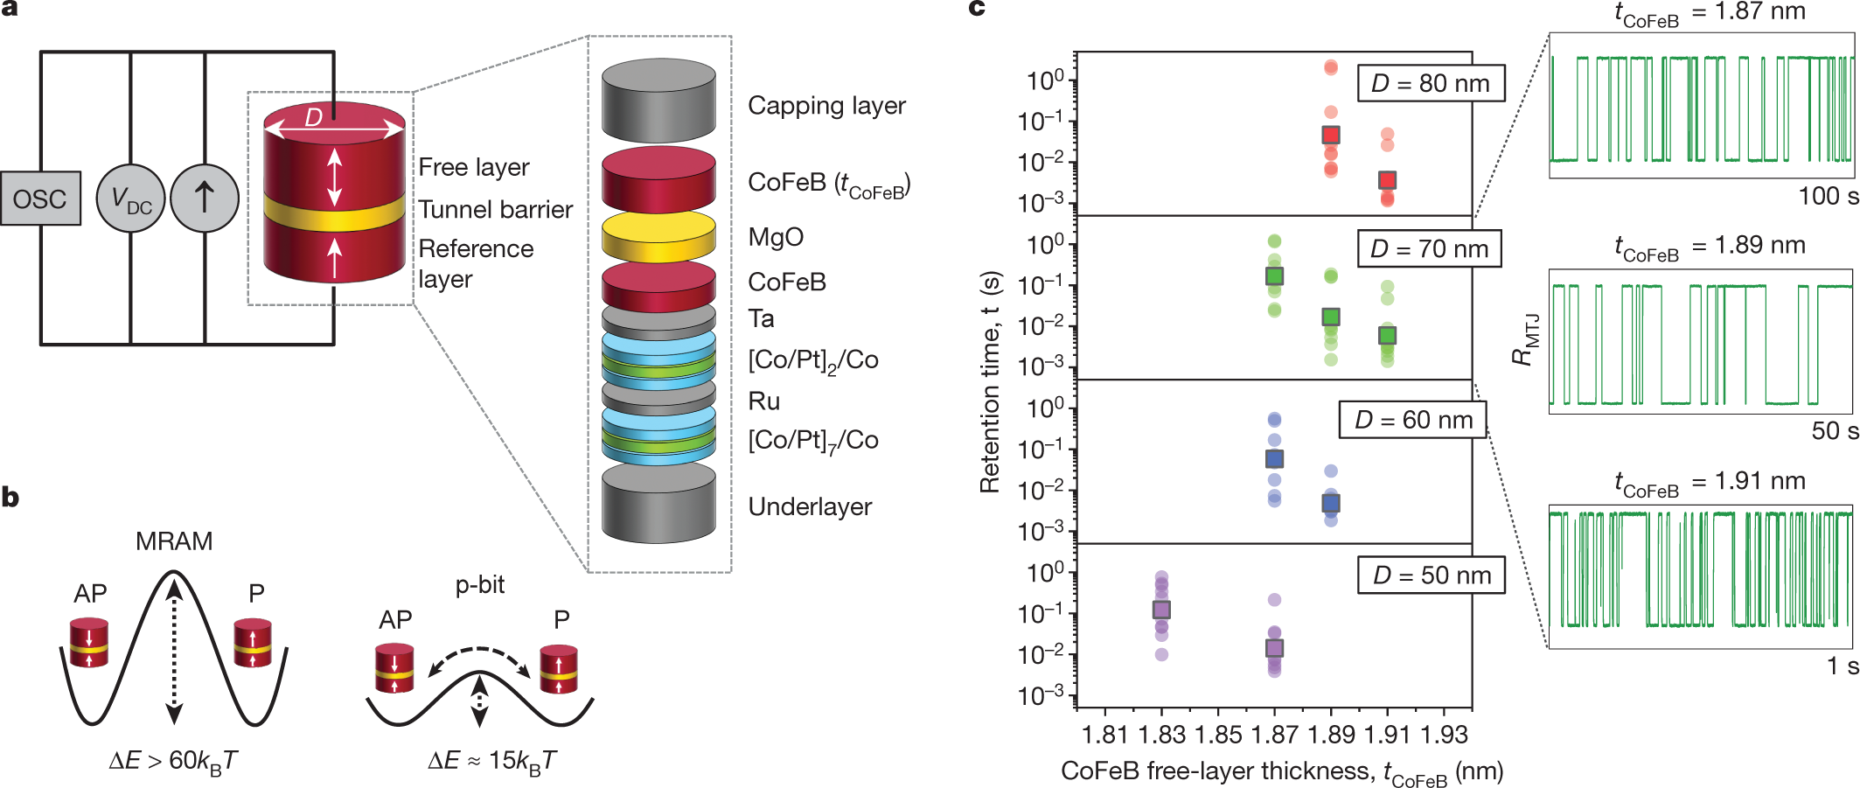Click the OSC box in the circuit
tap(40, 199)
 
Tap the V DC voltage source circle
tap(130, 199)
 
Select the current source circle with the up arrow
tap(205, 199)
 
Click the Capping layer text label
tap(826, 106)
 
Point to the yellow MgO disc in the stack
tap(658, 237)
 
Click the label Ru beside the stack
tap(763, 401)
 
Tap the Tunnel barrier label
tap(495, 210)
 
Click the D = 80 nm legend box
tap(1430, 84)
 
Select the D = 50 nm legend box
tap(1432, 575)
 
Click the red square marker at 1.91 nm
tap(1387, 180)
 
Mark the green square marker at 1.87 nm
tap(1274, 276)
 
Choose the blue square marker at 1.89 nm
tap(1331, 503)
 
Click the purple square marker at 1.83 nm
tap(1161, 610)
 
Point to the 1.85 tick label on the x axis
tap(1218, 735)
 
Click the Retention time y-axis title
tap(990, 381)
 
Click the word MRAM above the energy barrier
tap(174, 541)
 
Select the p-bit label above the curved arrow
tap(479, 584)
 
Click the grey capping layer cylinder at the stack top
tap(658, 101)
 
